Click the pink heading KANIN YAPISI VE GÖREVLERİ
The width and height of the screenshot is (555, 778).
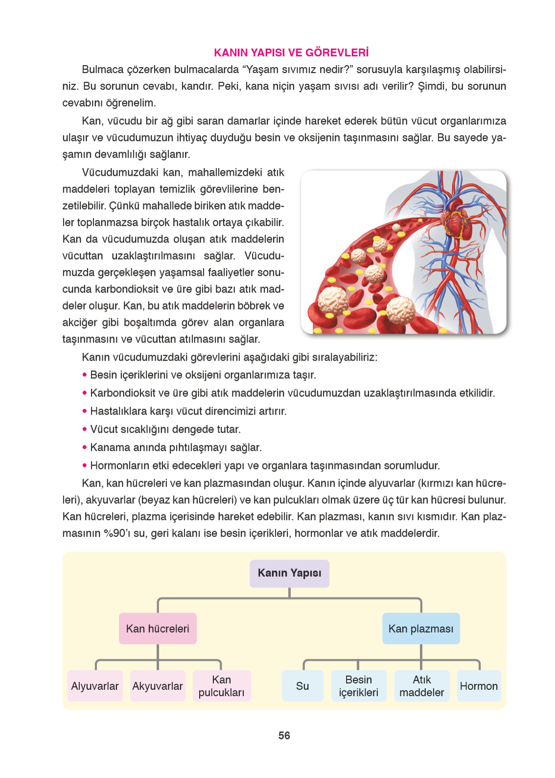(291, 52)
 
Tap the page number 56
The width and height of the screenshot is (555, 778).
(284, 735)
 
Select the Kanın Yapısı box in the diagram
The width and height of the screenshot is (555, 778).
(289, 573)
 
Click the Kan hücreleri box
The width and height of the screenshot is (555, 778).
(158, 629)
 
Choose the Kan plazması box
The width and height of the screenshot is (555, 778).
(421, 629)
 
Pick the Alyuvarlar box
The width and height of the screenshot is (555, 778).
(95, 686)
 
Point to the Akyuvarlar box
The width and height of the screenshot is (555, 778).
(158, 686)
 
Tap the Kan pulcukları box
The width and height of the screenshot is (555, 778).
(221, 686)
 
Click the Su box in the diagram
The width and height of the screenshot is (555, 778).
(302, 686)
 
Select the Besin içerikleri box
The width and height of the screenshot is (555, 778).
(358, 686)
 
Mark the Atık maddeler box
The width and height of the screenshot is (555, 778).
(421, 686)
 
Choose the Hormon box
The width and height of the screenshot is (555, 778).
(479, 686)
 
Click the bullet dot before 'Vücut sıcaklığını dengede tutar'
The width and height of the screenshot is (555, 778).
(85, 429)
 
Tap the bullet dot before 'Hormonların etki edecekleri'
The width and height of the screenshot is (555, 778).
(85, 465)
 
